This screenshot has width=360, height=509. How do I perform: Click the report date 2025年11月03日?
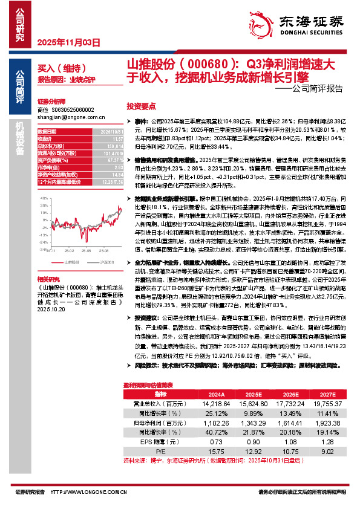[68, 42]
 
